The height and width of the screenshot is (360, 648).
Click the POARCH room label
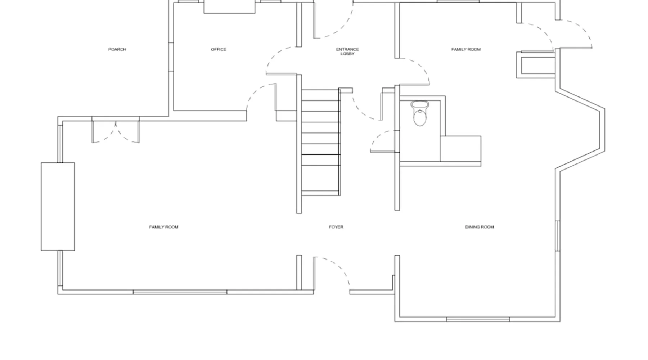[117, 49]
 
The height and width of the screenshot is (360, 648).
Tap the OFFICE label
[219, 49]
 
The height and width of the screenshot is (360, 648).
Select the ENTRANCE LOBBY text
[347, 51]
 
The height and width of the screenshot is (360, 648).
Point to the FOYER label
[336, 227]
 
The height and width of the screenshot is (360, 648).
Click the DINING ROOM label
[480, 227]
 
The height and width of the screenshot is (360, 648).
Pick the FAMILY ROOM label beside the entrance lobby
[466, 49]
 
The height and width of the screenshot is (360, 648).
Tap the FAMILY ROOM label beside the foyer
[163, 227]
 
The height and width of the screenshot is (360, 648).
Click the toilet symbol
[420, 113]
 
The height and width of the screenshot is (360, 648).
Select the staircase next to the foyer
[321, 142]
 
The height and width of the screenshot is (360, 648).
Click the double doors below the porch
[116, 131]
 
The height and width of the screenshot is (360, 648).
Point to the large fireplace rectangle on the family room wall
[58, 206]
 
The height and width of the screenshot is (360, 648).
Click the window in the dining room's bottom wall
[478, 319]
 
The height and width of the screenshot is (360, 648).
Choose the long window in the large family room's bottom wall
[180, 292]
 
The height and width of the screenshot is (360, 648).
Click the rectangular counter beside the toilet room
[460, 149]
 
